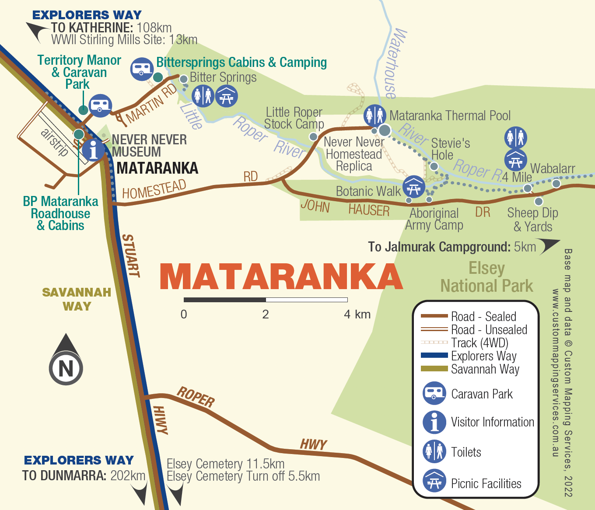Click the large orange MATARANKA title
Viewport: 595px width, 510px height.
[280, 276]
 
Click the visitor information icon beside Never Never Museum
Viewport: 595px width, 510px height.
[93, 150]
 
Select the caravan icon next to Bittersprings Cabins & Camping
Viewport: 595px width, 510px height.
[142, 69]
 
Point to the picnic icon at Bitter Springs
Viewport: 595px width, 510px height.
[226, 96]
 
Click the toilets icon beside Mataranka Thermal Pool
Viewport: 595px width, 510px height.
[375, 115]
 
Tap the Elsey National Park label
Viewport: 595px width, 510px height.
[486, 277]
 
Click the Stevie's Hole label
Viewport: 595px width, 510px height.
[450, 149]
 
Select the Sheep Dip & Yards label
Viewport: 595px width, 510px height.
[532, 220]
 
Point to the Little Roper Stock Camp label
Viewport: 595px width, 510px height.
[294, 118]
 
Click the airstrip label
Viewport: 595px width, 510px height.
[55, 142]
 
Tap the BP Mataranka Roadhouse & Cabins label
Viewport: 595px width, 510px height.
[60, 213]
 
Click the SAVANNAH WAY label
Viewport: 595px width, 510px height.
[77, 299]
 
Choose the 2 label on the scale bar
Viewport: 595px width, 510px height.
[266, 314]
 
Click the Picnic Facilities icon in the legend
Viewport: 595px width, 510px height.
[434, 481]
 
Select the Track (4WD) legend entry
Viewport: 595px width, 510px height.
[479, 343]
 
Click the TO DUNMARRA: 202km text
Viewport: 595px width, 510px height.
[84, 475]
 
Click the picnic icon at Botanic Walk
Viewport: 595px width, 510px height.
[413, 187]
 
